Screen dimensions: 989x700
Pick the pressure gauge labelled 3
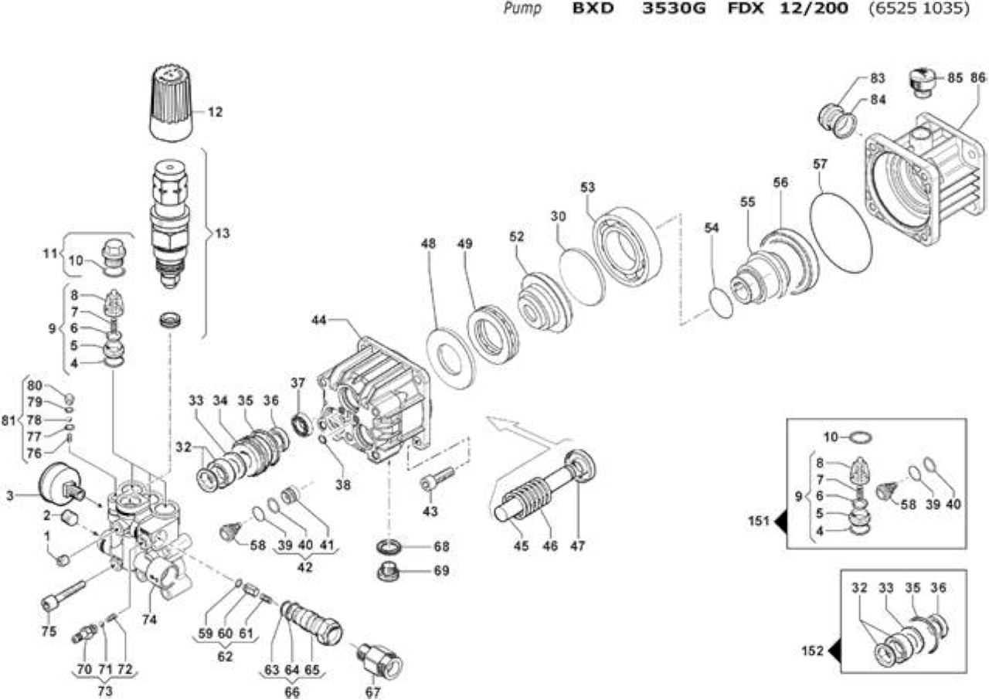coord(60,488)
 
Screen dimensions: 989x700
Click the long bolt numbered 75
coord(63,596)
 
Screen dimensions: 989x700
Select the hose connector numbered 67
coord(379,661)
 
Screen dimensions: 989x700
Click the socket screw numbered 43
coord(437,479)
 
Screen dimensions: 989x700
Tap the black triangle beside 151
coord(780,522)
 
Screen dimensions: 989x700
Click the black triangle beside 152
coord(835,651)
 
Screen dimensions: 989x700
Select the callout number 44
coord(319,320)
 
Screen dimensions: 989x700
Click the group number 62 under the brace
coord(225,656)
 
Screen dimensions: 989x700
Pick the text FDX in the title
coord(746,8)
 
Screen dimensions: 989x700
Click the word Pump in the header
coord(523,8)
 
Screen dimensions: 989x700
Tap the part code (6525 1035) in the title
coord(919,8)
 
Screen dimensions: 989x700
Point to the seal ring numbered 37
coord(302,424)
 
